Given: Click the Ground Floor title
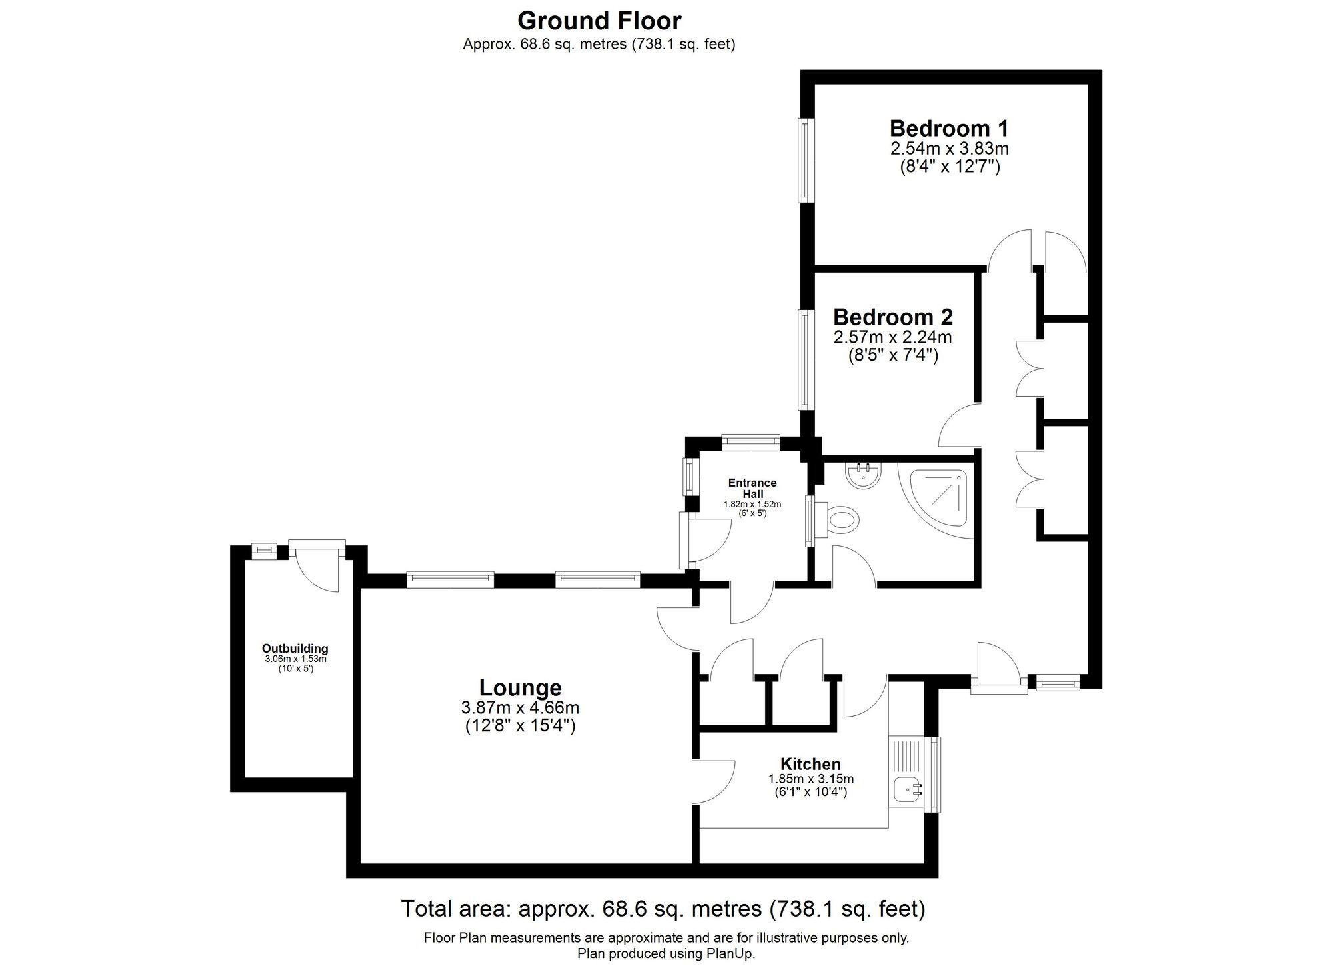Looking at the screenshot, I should [x=599, y=21].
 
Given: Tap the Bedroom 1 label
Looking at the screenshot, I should [x=949, y=128].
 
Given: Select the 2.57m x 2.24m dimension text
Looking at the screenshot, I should [x=892, y=338].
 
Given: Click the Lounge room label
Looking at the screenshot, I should [x=520, y=687].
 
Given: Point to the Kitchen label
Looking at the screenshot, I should [x=810, y=764].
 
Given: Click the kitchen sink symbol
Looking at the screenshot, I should [x=907, y=791].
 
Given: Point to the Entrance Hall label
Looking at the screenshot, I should [x=752, y=488].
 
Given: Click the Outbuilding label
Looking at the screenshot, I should [x=295, y=648].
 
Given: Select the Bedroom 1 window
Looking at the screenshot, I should [x=806, y=160].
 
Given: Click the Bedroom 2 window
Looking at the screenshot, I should [x=806, y=359].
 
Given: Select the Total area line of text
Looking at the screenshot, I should [x=663, y=909].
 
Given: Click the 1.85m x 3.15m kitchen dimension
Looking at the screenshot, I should [x=810, y=779].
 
